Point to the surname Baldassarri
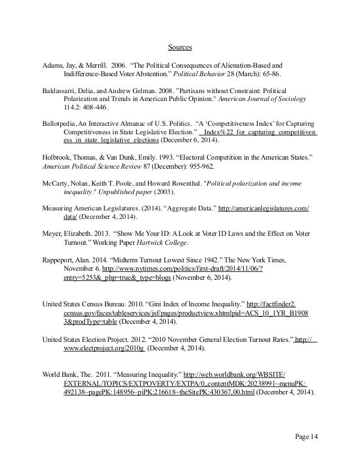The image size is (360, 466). (60, 90)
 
